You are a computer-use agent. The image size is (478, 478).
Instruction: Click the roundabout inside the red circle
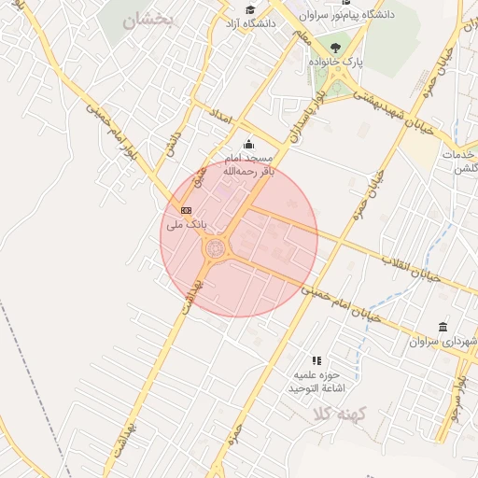[216, 247]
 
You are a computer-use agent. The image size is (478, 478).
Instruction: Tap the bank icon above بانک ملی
[186, 210]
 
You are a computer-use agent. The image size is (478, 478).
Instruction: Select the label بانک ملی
[186, 225]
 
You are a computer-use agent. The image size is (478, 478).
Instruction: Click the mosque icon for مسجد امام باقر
[247, 144]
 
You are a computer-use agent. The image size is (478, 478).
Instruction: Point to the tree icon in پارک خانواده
[335, 49]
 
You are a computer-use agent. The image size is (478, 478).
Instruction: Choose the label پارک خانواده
[335, 63]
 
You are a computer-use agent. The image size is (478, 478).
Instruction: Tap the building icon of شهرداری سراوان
[442, 327]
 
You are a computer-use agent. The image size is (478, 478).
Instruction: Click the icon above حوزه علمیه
[317, 359]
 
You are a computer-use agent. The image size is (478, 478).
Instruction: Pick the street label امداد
[220, 118]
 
